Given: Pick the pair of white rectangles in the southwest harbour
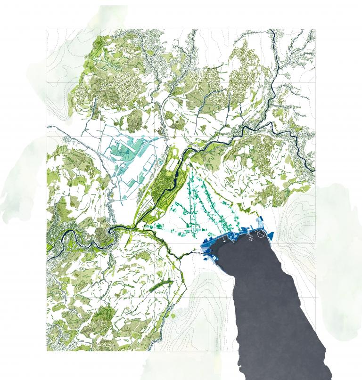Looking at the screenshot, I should pos(213,258).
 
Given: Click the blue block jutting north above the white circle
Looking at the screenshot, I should pos(259,222).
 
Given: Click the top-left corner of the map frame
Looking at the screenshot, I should pos(47,29).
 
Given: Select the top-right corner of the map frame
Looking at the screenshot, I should pos(315,29).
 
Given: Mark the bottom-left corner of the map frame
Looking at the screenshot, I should pos(47,351).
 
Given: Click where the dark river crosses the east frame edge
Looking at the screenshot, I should pos(315,170).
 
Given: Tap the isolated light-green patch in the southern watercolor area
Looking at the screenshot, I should pos(173,316).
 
